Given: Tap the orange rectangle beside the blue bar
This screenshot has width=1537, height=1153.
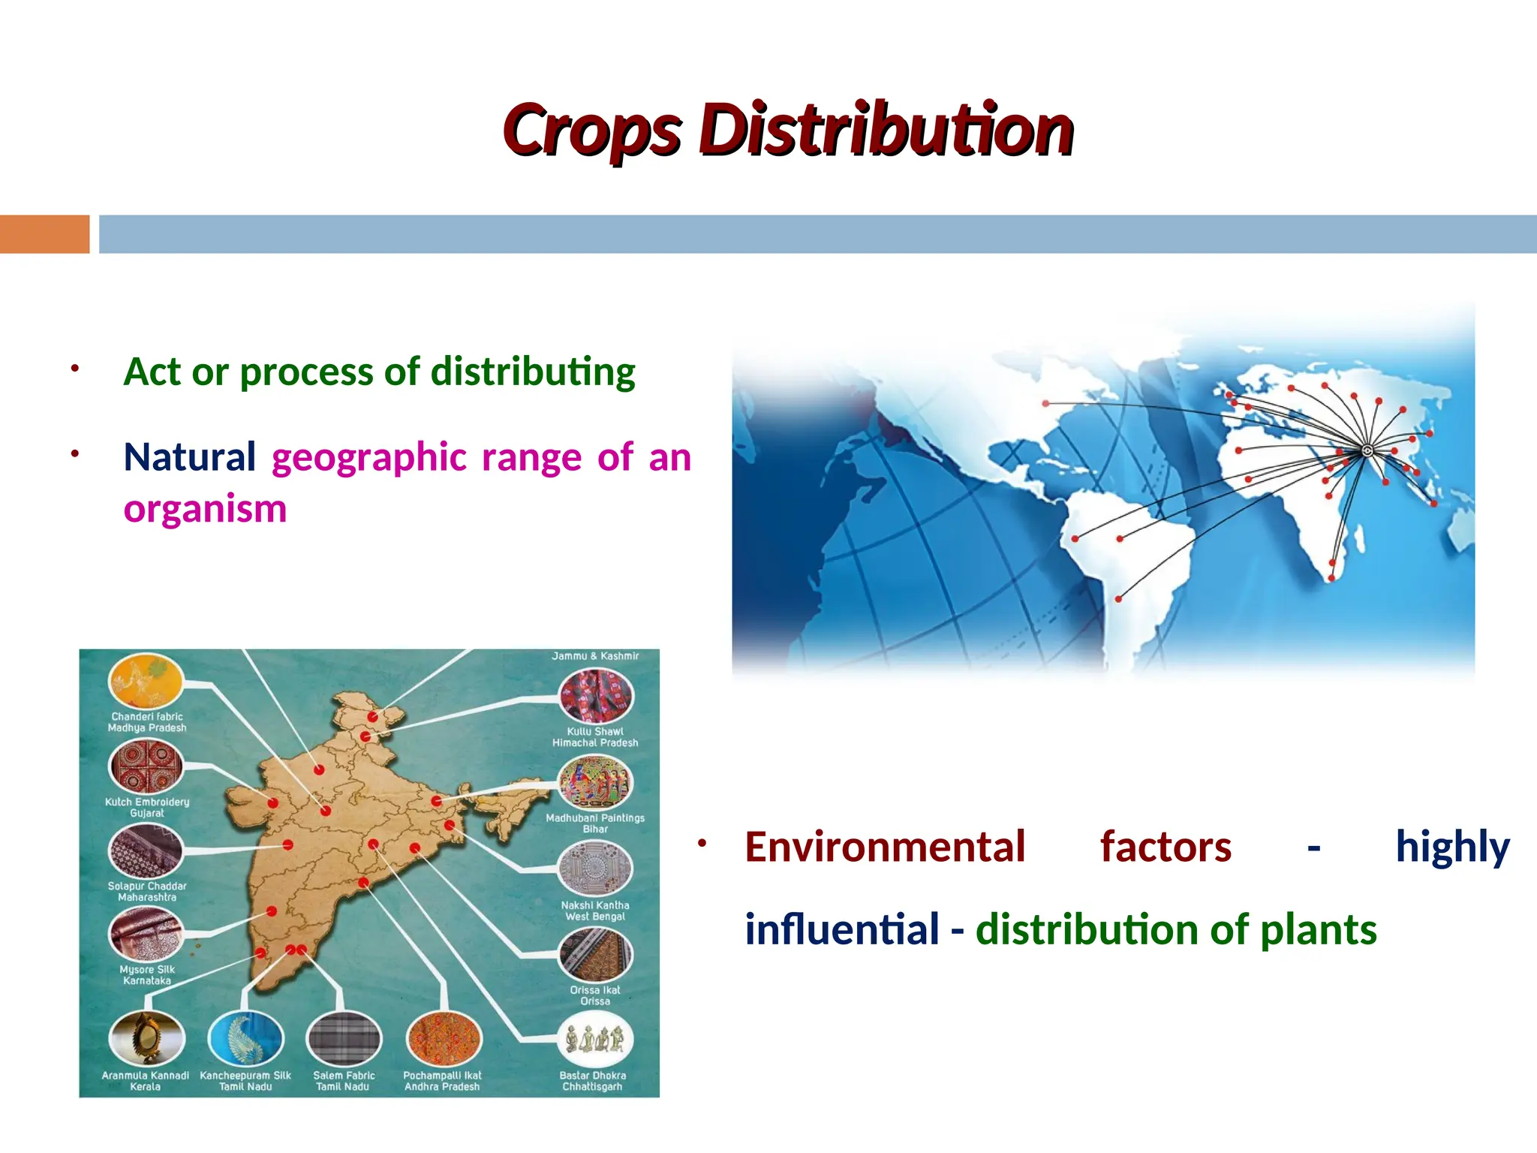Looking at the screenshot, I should tap(44, 234).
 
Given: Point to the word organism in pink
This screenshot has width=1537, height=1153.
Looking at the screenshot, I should tap(205, 508).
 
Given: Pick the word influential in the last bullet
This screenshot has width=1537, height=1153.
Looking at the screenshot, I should tap(841, 929).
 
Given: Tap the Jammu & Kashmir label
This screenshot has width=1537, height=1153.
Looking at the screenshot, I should tap(595, 656).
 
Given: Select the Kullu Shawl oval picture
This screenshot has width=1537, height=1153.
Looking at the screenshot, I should tap(596, 696).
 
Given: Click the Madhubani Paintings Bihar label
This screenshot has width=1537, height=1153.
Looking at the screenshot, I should tap(595, 823).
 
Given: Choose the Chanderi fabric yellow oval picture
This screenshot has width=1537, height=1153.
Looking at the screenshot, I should tap(146, 681).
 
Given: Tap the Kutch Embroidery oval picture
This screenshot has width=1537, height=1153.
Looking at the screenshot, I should tap(146, 766).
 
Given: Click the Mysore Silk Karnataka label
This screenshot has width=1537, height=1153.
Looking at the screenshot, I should tap(147, 974).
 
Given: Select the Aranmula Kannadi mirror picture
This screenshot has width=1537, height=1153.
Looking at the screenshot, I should tap(146, 1037).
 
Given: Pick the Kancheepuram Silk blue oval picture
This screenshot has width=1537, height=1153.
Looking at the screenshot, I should tap(245, 1039).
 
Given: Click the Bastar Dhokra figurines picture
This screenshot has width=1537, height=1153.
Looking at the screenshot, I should tap(595, 1040).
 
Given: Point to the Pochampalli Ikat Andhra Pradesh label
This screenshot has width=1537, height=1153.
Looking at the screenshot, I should tap(442, 1081).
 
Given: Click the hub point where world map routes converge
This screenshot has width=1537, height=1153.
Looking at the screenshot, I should tap(1367, 450).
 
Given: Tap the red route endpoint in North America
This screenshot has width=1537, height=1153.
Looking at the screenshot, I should tap(1045, 403).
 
